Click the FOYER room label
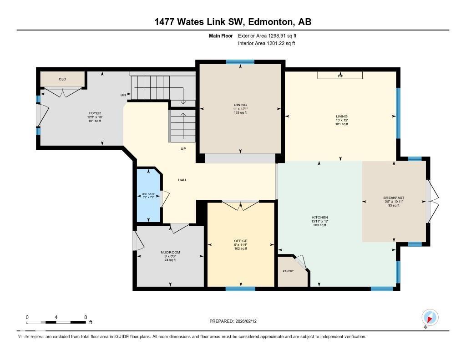[95, 113]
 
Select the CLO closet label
[62, 79]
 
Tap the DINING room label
[240, 105]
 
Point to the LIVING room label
[341, 117]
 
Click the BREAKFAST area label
[394, 198]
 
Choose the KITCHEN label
[320, 218]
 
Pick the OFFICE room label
[241, 241]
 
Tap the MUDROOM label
[170, 253]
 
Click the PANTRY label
[288, 271]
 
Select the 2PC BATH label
[148, 194]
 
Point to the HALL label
[182, 180]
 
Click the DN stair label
[123, 95]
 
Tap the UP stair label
[183, 149]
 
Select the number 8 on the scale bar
[86, 317]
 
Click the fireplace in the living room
[340, 76]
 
